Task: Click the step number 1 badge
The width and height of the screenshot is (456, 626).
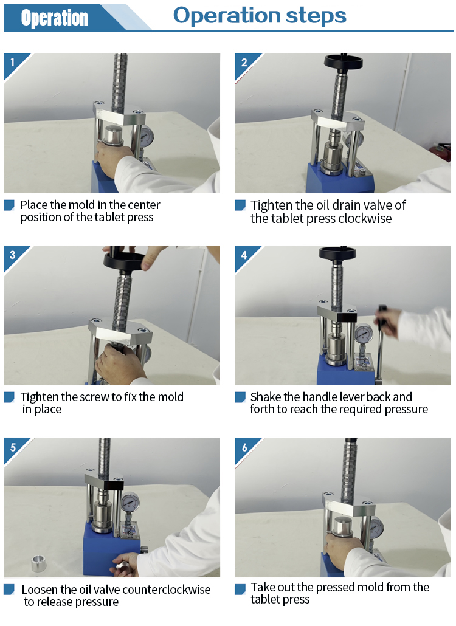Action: (12, 62)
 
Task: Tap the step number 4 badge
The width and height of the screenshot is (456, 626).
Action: (244, 255)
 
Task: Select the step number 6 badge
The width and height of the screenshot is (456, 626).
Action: (244, 447)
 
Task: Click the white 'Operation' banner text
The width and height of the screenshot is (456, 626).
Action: (54, 18)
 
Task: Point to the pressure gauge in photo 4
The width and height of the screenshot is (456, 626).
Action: (364, 334)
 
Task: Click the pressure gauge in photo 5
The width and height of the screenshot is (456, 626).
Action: (130, 502)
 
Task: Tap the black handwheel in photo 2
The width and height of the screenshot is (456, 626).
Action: (343, 62)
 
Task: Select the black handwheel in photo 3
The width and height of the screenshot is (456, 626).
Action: (124, 261)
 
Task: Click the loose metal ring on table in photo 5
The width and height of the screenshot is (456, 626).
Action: (39, 563)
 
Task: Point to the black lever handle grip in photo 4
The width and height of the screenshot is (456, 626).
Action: (382, 317)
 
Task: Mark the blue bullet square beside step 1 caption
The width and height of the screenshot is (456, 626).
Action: (9, 205)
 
